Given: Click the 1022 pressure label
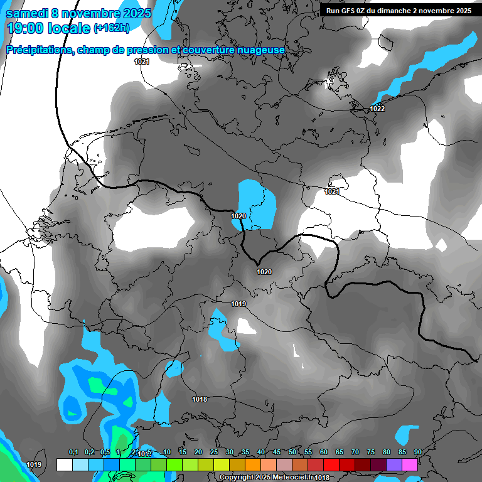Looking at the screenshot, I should (377, 109).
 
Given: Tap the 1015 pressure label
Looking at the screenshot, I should (145, 453).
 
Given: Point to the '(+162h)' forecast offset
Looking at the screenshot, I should (111, 28).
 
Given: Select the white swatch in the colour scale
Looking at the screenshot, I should (64, 464).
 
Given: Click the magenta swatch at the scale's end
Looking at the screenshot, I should (410, 464).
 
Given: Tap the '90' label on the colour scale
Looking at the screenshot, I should (417, 453).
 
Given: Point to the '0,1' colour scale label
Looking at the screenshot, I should (73, 453).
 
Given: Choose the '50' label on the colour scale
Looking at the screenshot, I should (292, 453).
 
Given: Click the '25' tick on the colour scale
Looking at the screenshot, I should (214, 453).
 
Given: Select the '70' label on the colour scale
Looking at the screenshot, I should (355, 453).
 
